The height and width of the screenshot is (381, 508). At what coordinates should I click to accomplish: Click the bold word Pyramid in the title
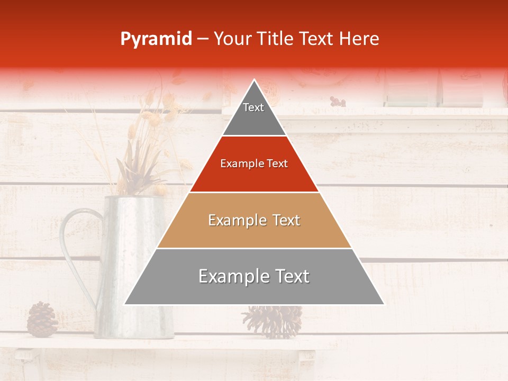tap(156, 39)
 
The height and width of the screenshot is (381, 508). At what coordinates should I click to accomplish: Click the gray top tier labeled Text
tap(253, 114)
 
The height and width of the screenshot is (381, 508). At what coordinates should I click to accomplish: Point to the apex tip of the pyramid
tap(254, 80)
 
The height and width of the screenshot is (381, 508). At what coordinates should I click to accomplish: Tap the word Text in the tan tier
tap(283, 220)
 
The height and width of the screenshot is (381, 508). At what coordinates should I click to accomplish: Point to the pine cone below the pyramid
tap(272, 320)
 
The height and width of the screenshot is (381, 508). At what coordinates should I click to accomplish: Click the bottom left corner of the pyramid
tap(125, 304)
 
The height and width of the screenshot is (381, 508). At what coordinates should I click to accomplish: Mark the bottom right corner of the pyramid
tap(384, 304)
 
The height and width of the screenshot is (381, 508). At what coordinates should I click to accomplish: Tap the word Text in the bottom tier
tap(290, 276)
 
